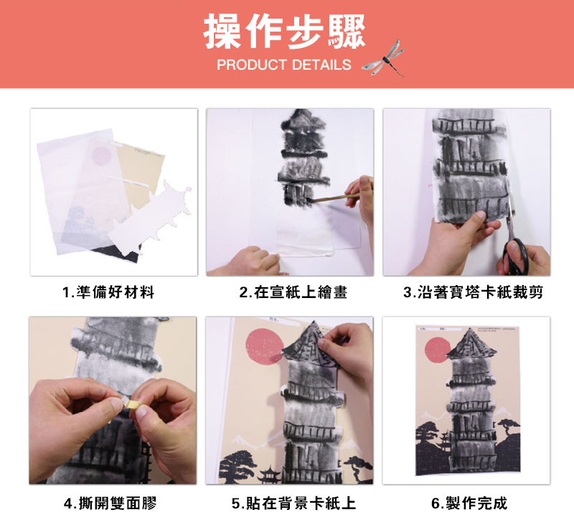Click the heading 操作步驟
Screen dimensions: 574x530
(284, 32)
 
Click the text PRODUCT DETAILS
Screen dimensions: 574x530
(284, 65)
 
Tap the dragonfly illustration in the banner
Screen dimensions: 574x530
(383, 58)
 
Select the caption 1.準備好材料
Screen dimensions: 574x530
(108, 292)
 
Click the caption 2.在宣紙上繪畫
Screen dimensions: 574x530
(293, 292)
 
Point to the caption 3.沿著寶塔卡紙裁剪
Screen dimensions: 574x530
(473, 292)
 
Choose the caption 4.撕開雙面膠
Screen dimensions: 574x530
(110, 503)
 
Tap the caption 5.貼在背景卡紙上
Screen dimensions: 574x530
(293, 503)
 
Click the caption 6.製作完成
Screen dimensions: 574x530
(469, 503)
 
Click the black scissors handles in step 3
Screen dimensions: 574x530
(515, 256)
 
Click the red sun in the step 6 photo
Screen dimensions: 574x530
(438, 350)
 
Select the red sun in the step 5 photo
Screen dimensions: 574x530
(265, 346)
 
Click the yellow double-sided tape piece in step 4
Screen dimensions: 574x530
(129, 403)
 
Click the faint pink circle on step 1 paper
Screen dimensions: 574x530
(101, 155)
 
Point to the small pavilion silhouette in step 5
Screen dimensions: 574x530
(269, 473)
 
